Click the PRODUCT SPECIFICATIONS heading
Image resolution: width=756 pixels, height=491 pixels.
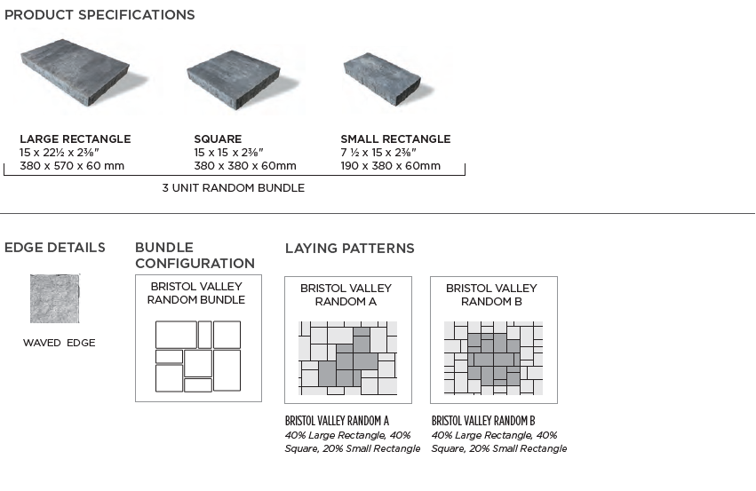coord(99,15)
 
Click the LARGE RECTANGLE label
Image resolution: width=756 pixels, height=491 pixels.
coord(75,139)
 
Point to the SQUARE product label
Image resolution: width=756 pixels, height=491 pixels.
coord(218,139)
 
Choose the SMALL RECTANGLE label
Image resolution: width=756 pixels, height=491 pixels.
coord(395,139)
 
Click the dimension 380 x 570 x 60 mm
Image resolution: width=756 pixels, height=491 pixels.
coord(72,166)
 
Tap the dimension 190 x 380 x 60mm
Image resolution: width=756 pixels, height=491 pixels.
coord(390,166)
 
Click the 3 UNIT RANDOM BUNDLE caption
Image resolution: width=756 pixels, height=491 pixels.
coord(233,188)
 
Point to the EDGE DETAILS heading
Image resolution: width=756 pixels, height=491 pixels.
coord(55,248)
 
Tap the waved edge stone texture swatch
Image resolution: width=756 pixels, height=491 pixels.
coord(55,298)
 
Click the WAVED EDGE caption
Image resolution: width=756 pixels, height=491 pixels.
coord(59,343)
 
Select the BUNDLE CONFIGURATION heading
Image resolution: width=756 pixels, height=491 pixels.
coord(195,255)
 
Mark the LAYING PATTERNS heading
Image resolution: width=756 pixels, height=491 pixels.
coord(349,248)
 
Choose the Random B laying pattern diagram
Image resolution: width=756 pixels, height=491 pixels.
coord(493,359)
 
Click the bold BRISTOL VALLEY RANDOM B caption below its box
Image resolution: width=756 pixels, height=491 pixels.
coord(483,420)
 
